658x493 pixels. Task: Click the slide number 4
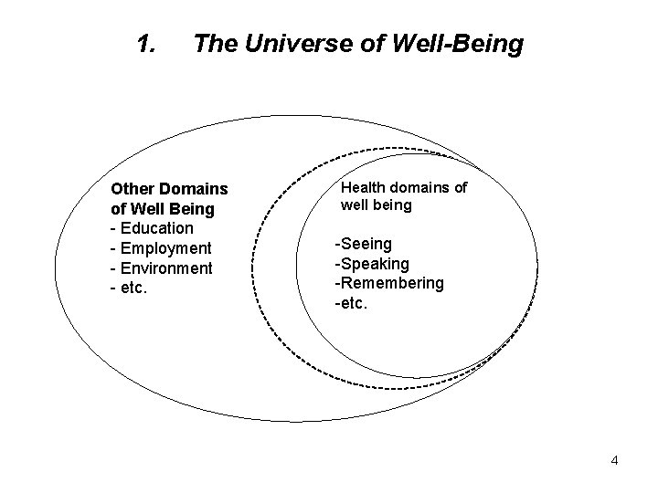[x=614, y=460]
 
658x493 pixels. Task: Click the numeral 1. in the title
[x=144, y=43]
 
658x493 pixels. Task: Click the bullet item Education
[x=155, y=228]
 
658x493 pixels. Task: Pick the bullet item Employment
[x=164, y=248]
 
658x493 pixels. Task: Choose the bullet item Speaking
[x=373, y=263]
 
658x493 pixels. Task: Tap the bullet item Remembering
[x=390, y=283]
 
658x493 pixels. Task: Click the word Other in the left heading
[x=133, y=189]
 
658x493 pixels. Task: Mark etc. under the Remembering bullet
[x=353, y=303]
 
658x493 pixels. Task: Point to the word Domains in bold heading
[x=195, y=189]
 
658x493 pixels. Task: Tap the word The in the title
[x=212, y=43]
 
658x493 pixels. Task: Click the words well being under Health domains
[x=376, y=205]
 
